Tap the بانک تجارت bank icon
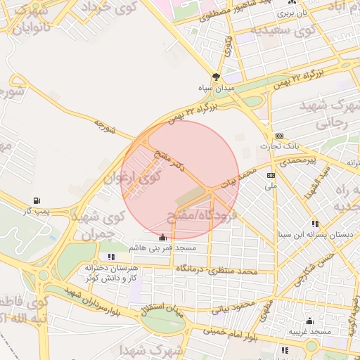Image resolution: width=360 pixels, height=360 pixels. tap(280, 136)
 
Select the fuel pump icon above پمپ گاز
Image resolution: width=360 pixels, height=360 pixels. tap(36, 200)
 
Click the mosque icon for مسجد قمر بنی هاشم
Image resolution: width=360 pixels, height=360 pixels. tap(163, 237)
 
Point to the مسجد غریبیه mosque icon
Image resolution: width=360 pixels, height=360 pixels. tap(309, 321)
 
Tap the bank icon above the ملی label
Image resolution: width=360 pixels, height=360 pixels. tap(271, 175)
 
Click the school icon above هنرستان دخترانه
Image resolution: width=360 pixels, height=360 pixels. tap(111, 257)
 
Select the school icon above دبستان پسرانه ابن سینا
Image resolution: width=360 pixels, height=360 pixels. tap(315, 223)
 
